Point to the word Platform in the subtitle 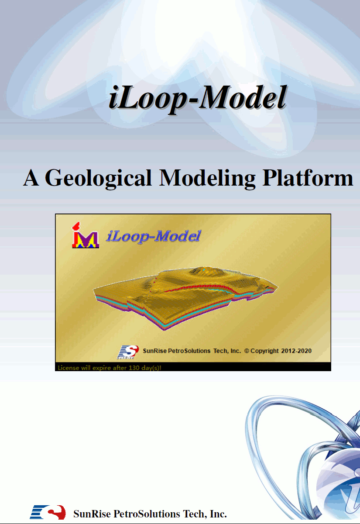(x=308, y=178)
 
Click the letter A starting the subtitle (x=31, y=178)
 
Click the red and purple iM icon (x=86, y=235)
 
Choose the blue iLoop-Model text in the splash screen (x=153, y=236)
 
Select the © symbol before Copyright (x=247, y=351)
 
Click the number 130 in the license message (x=134, y=368)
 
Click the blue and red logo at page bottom (x=48, y=512)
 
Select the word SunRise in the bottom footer (x=92, y=514)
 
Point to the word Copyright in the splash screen (x=264, y=351)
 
